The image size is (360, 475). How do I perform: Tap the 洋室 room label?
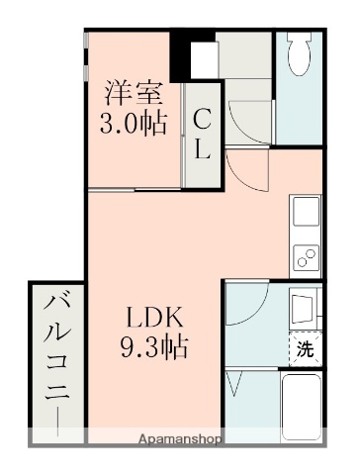[x=133, y=96]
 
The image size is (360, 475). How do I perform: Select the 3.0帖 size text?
[x=133, y=125]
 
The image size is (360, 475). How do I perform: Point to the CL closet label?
[x=202, y=136]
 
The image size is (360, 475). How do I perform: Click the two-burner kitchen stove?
[x=307, y=256]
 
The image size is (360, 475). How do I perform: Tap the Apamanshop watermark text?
[x=179, y=437]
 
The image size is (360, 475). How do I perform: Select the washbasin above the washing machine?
[x=305, y=306]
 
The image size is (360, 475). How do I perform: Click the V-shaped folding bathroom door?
[x=236, y=380]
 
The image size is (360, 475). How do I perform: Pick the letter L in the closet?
[x=202, y=149]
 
